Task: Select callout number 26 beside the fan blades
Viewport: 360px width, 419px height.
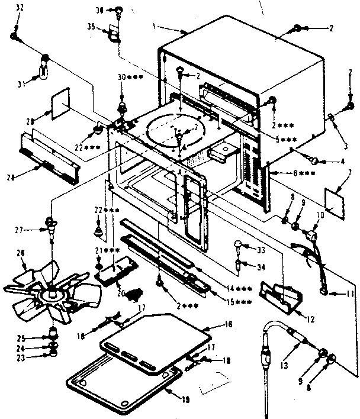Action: point(21,253)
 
